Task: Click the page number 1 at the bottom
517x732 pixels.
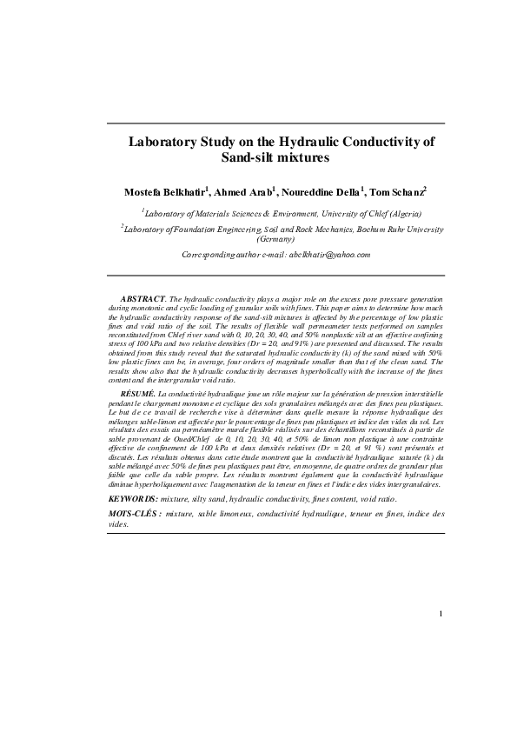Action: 441,616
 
